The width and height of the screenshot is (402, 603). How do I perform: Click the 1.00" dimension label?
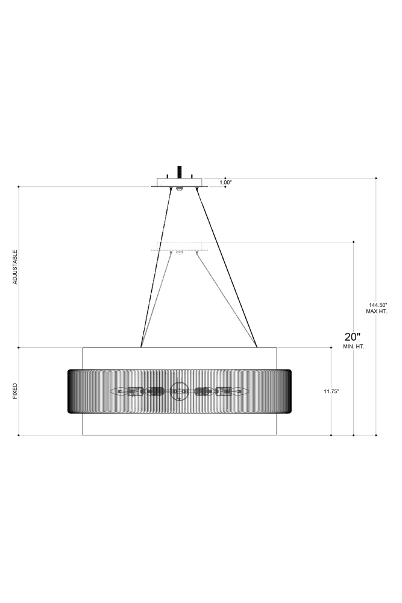tap(226, 183)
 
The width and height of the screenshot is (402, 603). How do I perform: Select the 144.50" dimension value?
tap(377, 305)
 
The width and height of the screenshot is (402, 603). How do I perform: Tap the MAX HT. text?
tap(377, 312)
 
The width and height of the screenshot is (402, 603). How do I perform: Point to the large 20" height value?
tap(353, 337)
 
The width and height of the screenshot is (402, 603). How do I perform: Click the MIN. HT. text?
tap(354, 347)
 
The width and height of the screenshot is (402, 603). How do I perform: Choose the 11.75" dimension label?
tap(331, 391)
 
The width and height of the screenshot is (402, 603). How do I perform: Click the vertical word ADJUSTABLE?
tap(15, 267)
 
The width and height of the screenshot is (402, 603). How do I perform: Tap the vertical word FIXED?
tap(15, 391)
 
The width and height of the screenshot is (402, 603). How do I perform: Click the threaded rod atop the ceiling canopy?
tap(179, 171)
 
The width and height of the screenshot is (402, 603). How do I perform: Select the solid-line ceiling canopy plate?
tap(180, 182)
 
